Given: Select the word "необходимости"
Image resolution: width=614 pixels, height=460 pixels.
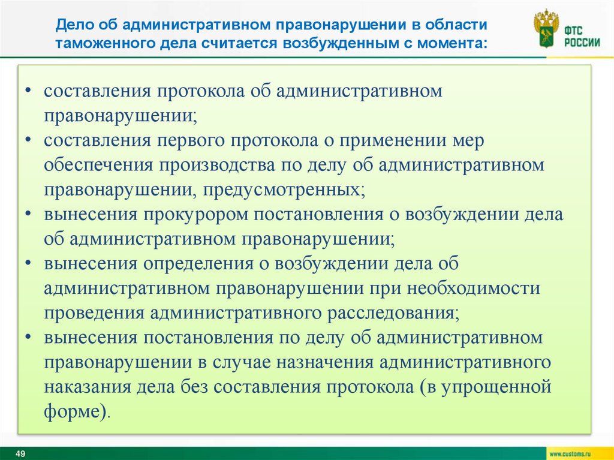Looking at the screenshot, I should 474,288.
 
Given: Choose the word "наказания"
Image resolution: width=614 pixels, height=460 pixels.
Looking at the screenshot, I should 88,387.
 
